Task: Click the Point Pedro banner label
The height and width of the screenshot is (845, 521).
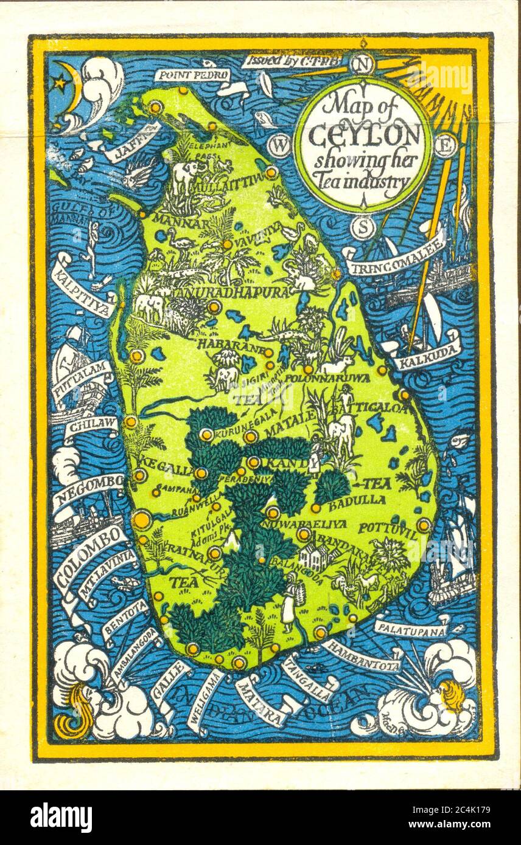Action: [x=192, y=75]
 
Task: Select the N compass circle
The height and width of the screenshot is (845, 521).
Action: [x=363, y=64]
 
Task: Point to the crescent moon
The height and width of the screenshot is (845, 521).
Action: [x=74, y=85]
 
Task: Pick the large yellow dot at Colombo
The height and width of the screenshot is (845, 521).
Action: [x=142, y=520]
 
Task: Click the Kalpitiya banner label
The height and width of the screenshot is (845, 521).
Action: [x=82, y=285]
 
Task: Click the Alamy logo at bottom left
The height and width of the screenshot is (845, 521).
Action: [x=61, y=816]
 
